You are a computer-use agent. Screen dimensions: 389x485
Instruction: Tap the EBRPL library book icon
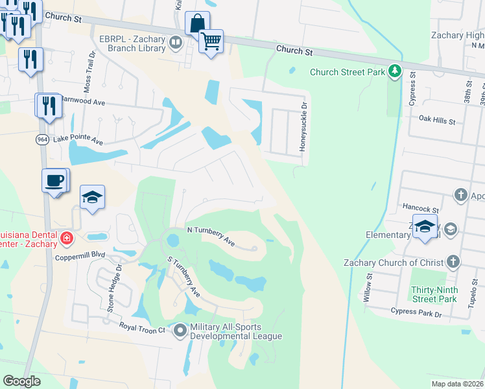[x=175, y=43]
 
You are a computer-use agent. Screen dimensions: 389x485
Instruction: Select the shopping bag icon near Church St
[x=196, y=23]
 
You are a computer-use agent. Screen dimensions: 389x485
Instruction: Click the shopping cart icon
[x=211, y=41]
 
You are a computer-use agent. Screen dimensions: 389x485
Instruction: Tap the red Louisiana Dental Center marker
[x=65, y=239]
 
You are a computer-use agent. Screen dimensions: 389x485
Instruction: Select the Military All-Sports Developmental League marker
[x=180, y=331]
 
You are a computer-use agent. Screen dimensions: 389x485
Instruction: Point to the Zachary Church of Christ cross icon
[x=453, y=262]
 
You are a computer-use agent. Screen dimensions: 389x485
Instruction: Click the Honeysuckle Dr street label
[x=302, y=127]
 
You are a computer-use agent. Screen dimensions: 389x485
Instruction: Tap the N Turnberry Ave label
[x=210, y=235]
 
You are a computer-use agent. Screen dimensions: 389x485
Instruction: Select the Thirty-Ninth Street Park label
[x=434, y=294]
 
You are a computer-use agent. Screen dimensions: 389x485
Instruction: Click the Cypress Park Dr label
[x=416, y=312]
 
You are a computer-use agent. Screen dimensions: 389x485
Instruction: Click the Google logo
[x=21, y=381]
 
